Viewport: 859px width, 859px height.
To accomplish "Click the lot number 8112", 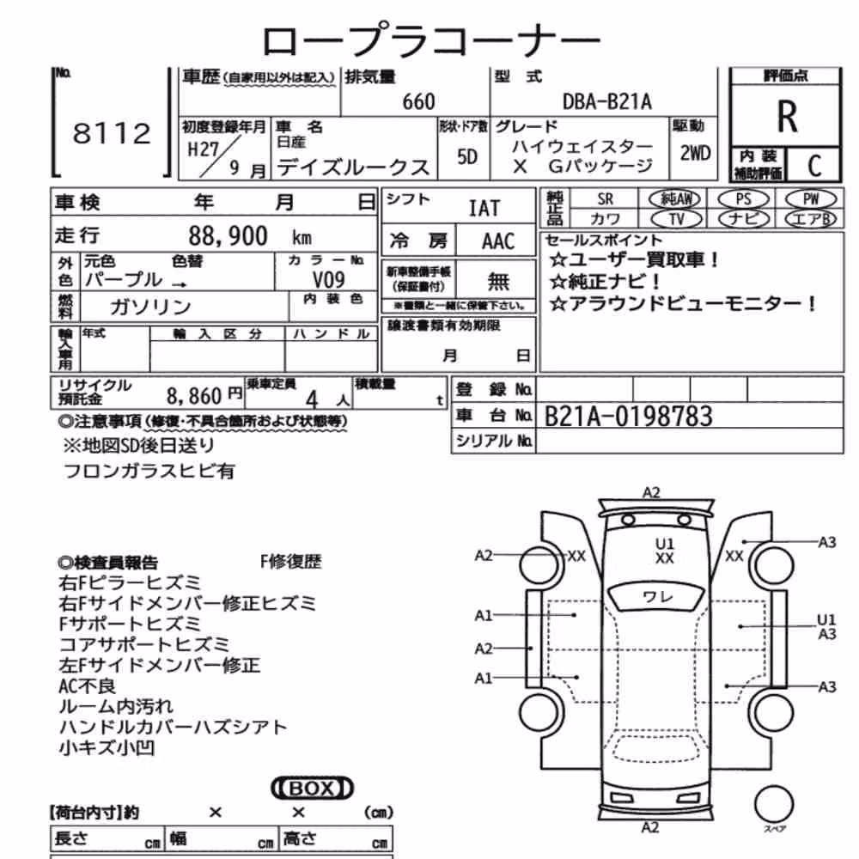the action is coord(112,133).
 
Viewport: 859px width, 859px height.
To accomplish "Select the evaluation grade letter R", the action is coord(787,117).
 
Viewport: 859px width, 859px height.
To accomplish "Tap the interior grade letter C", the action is coord(814,166).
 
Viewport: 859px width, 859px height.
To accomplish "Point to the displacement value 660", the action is coord(418,101).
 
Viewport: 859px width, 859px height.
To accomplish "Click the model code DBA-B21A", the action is coord(607,101).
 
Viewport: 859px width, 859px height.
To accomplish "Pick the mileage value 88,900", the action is coord(228,236).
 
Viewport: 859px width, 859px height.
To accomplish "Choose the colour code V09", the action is coord(328,280).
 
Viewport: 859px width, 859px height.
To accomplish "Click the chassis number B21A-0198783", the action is coord(629,416).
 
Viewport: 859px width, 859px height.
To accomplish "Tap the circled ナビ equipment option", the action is coord(743,219).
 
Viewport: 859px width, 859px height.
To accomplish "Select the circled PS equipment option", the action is coord(743,199).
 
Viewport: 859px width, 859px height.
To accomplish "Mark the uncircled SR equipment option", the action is coord(605,199).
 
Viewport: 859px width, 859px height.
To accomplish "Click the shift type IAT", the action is coord(484,208).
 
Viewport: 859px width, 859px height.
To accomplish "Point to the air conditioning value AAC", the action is coord(498,241).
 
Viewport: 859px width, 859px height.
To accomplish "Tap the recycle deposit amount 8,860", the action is coord(194,395).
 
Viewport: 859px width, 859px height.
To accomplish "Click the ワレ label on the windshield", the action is coord(657,597).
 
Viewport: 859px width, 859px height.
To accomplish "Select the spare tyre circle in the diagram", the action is coord(774,804).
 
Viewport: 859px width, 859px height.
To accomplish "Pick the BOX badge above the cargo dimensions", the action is coord(312,789).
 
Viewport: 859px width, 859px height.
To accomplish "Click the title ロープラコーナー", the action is coord(431,40).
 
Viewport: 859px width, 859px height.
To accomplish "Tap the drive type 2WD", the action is coord(695,154).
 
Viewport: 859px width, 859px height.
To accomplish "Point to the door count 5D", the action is coord(466,157).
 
